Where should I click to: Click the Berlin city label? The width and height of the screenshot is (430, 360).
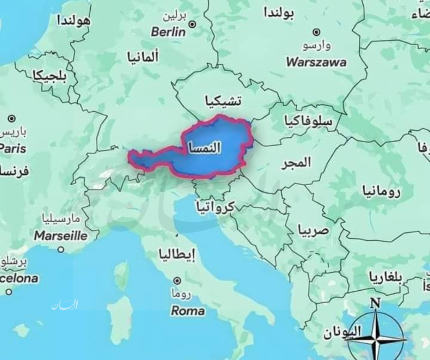point(168,32)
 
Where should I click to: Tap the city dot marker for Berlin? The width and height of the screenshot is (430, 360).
point(192,24)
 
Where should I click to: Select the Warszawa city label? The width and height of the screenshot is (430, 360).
point(316,63)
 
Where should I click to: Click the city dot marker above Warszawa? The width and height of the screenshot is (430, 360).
point(316,32)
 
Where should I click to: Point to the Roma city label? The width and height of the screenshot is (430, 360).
point(188,311)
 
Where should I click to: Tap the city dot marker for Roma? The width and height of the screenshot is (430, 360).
point(178,281)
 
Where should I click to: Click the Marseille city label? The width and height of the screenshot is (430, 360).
point(60,236)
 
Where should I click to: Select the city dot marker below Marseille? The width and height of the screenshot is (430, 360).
point(61,250)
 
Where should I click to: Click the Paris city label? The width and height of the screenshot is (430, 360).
point(13,149)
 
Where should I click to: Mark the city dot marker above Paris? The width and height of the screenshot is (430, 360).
point(12,119)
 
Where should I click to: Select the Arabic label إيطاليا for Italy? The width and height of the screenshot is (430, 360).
point(177,255)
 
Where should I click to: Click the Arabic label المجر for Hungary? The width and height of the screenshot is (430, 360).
point(296,163)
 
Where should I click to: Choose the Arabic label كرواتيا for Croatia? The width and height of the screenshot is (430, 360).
point(215,206)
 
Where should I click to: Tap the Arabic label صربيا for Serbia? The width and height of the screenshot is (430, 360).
point(314,230)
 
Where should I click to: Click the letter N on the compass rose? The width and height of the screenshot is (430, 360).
point(375,303)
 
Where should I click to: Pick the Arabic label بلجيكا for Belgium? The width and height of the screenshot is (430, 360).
point(49,76)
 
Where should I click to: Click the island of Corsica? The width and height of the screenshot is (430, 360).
point(122,275)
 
